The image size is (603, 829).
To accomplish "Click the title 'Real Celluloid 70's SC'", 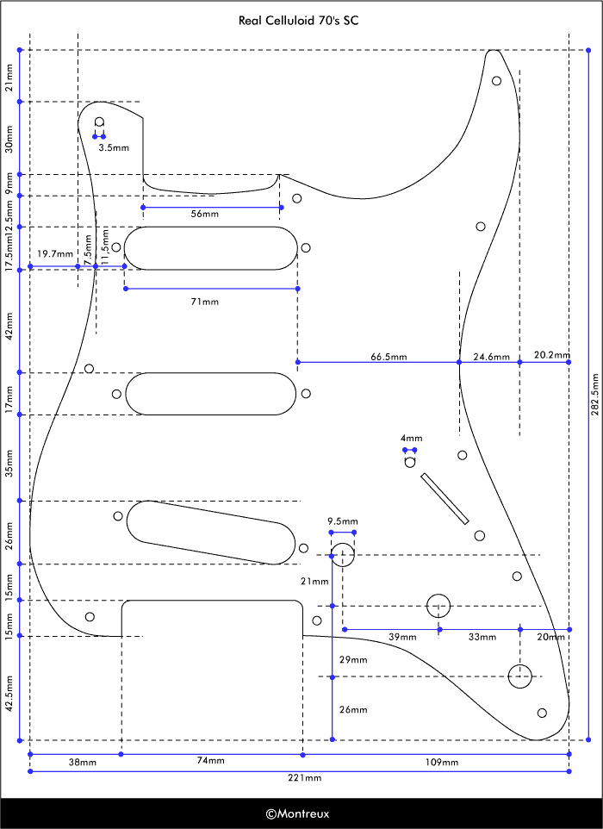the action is pyautogui.click(x=299, y=21).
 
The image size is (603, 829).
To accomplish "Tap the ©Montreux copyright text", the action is pyautogui.click(x=297, y=813).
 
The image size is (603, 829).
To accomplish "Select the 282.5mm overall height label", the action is pyautogui.click(x=594, y=395).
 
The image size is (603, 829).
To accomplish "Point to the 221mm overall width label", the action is pyautogui.click(x=304, y=777).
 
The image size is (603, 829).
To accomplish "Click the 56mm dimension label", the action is pyautogui.click(x=204, y=214).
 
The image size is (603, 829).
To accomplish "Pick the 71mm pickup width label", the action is pyautogui.click(x=204, y=302).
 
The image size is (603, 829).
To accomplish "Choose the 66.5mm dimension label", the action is pyautogui.click(x=389, y=357).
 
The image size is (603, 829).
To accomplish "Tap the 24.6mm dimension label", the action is pyautogui.click(x=492, y=357).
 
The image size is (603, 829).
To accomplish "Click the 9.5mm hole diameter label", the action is pyautogui.click(x=343, y=521).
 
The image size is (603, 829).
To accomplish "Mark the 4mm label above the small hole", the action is pyautogui.click(x=411, y=438).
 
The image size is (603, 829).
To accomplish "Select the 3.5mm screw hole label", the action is pyautogui.click(x=114, y=147).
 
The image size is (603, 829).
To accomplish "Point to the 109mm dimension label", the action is pyautogui.click(x=442, y=762).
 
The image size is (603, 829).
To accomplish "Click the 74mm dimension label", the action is pyautogui.click(x=210, y=760).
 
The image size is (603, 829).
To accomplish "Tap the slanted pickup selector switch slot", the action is pyautogui.click(x=445, y=499).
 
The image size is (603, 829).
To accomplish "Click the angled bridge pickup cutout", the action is pyautogui.click(x=211, y=533).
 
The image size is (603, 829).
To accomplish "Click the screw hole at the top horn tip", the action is pyautogui.click(x=496, y=81).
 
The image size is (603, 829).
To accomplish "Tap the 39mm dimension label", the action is pyautogui.click(x=402, y=637).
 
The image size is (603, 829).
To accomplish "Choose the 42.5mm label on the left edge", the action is pyautogui.click(x=9, y=694).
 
